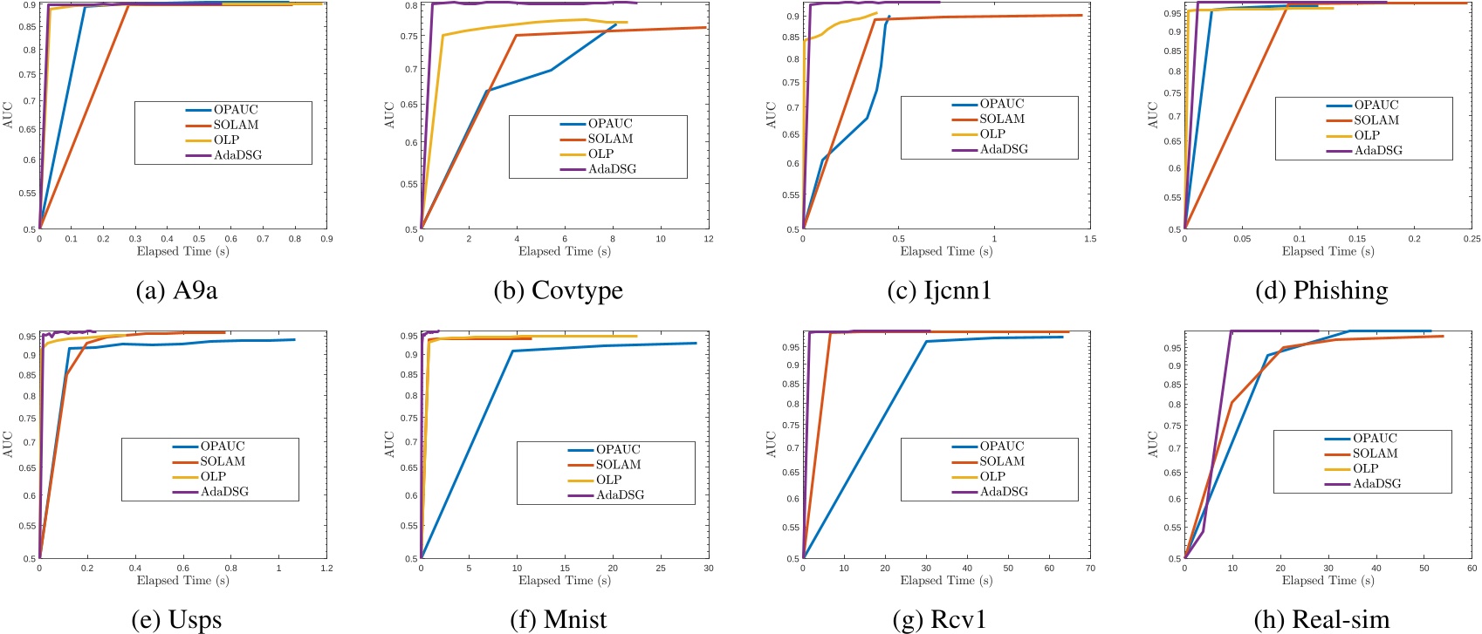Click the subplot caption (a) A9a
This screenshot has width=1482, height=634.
(x=176, y=290)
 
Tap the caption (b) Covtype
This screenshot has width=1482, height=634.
(x=559, y=290)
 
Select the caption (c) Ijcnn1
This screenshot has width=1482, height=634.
(x=939, y=290)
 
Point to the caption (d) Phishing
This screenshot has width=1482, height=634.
(x=1321, y=290)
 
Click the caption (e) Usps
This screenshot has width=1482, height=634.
(x=176, y=620)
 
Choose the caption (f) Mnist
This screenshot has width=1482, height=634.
(x=559, y=620)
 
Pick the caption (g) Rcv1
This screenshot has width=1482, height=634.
(x=939, y=620)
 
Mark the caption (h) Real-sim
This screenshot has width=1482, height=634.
(x=1321, y=620)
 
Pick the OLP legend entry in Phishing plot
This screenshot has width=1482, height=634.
(x=1366, y=135)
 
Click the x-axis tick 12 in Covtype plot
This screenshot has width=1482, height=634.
(x=708, y=239)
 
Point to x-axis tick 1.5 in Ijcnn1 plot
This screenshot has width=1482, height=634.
(x=1089, y=239)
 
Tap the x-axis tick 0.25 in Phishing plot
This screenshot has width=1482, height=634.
(x=1471, y=239)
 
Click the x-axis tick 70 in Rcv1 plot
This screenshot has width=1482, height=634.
(x=1089, y=569)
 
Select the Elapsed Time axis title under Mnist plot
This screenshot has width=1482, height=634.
(x=564, y=581)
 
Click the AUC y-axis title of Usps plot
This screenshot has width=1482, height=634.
(x=8, y=444)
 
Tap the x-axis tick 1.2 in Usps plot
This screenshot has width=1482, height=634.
(x=326, y=569)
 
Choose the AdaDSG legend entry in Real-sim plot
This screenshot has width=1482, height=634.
(x=1376, y=484)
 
